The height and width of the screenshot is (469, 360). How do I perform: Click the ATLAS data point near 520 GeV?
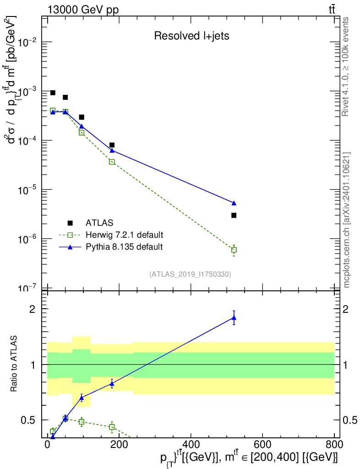tap(234, 215)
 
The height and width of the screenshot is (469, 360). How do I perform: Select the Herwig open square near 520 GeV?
tap(234, 250)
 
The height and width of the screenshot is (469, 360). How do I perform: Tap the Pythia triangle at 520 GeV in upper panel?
tap(234, 203)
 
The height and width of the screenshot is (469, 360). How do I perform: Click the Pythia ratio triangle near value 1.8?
tap(234, 318)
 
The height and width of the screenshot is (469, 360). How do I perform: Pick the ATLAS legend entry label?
tap(99, 223)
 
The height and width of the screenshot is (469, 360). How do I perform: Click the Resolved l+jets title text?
tap(191, 36)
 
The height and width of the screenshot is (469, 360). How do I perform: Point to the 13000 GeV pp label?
tap(83, 10)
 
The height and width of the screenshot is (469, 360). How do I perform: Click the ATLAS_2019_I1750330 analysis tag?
tap(190, 274)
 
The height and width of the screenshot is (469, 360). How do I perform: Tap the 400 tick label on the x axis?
tap(191, 444)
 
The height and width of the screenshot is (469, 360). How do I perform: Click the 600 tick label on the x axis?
tap(262, 444)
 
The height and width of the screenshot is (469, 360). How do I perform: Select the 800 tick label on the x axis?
tap(334, 444)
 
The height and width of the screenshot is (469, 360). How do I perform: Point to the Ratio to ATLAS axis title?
tap(14, 364)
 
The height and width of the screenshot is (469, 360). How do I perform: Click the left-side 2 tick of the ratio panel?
tap(33, 309)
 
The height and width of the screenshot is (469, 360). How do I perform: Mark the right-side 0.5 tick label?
tap(350, 420)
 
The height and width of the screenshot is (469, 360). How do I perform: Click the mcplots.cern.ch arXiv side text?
tap(347, 220)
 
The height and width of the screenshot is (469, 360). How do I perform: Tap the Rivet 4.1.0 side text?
tap(345, 66)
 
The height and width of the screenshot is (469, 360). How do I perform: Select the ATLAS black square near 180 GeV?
tap(112, 145)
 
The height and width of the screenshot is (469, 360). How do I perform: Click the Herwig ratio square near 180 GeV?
tap(112, 427)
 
